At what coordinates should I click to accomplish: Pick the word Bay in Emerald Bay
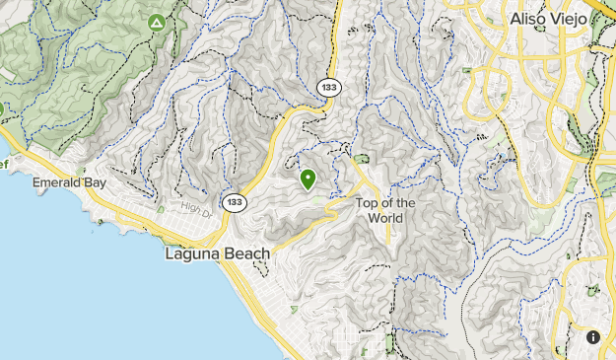click(x=97, y=183)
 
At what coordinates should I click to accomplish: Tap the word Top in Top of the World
click(x=367, y=204)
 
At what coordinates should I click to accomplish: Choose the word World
click(x=385, y=218)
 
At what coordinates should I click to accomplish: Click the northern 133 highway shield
click(x=329, y=87)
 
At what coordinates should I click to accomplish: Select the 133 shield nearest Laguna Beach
click(x=234, y=202)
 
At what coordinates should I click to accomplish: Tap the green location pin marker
click(x=308, y=179)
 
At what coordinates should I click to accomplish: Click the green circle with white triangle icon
click(x=155, y=22)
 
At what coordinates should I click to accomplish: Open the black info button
click(x=593, y=337)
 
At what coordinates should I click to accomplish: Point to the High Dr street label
click(x=196, y=206)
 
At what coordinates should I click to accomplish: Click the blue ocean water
click(x=89, y=286)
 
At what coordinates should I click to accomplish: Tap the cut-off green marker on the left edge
click(x=2, y=108)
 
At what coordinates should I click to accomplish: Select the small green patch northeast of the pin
click(x=361, y=158)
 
